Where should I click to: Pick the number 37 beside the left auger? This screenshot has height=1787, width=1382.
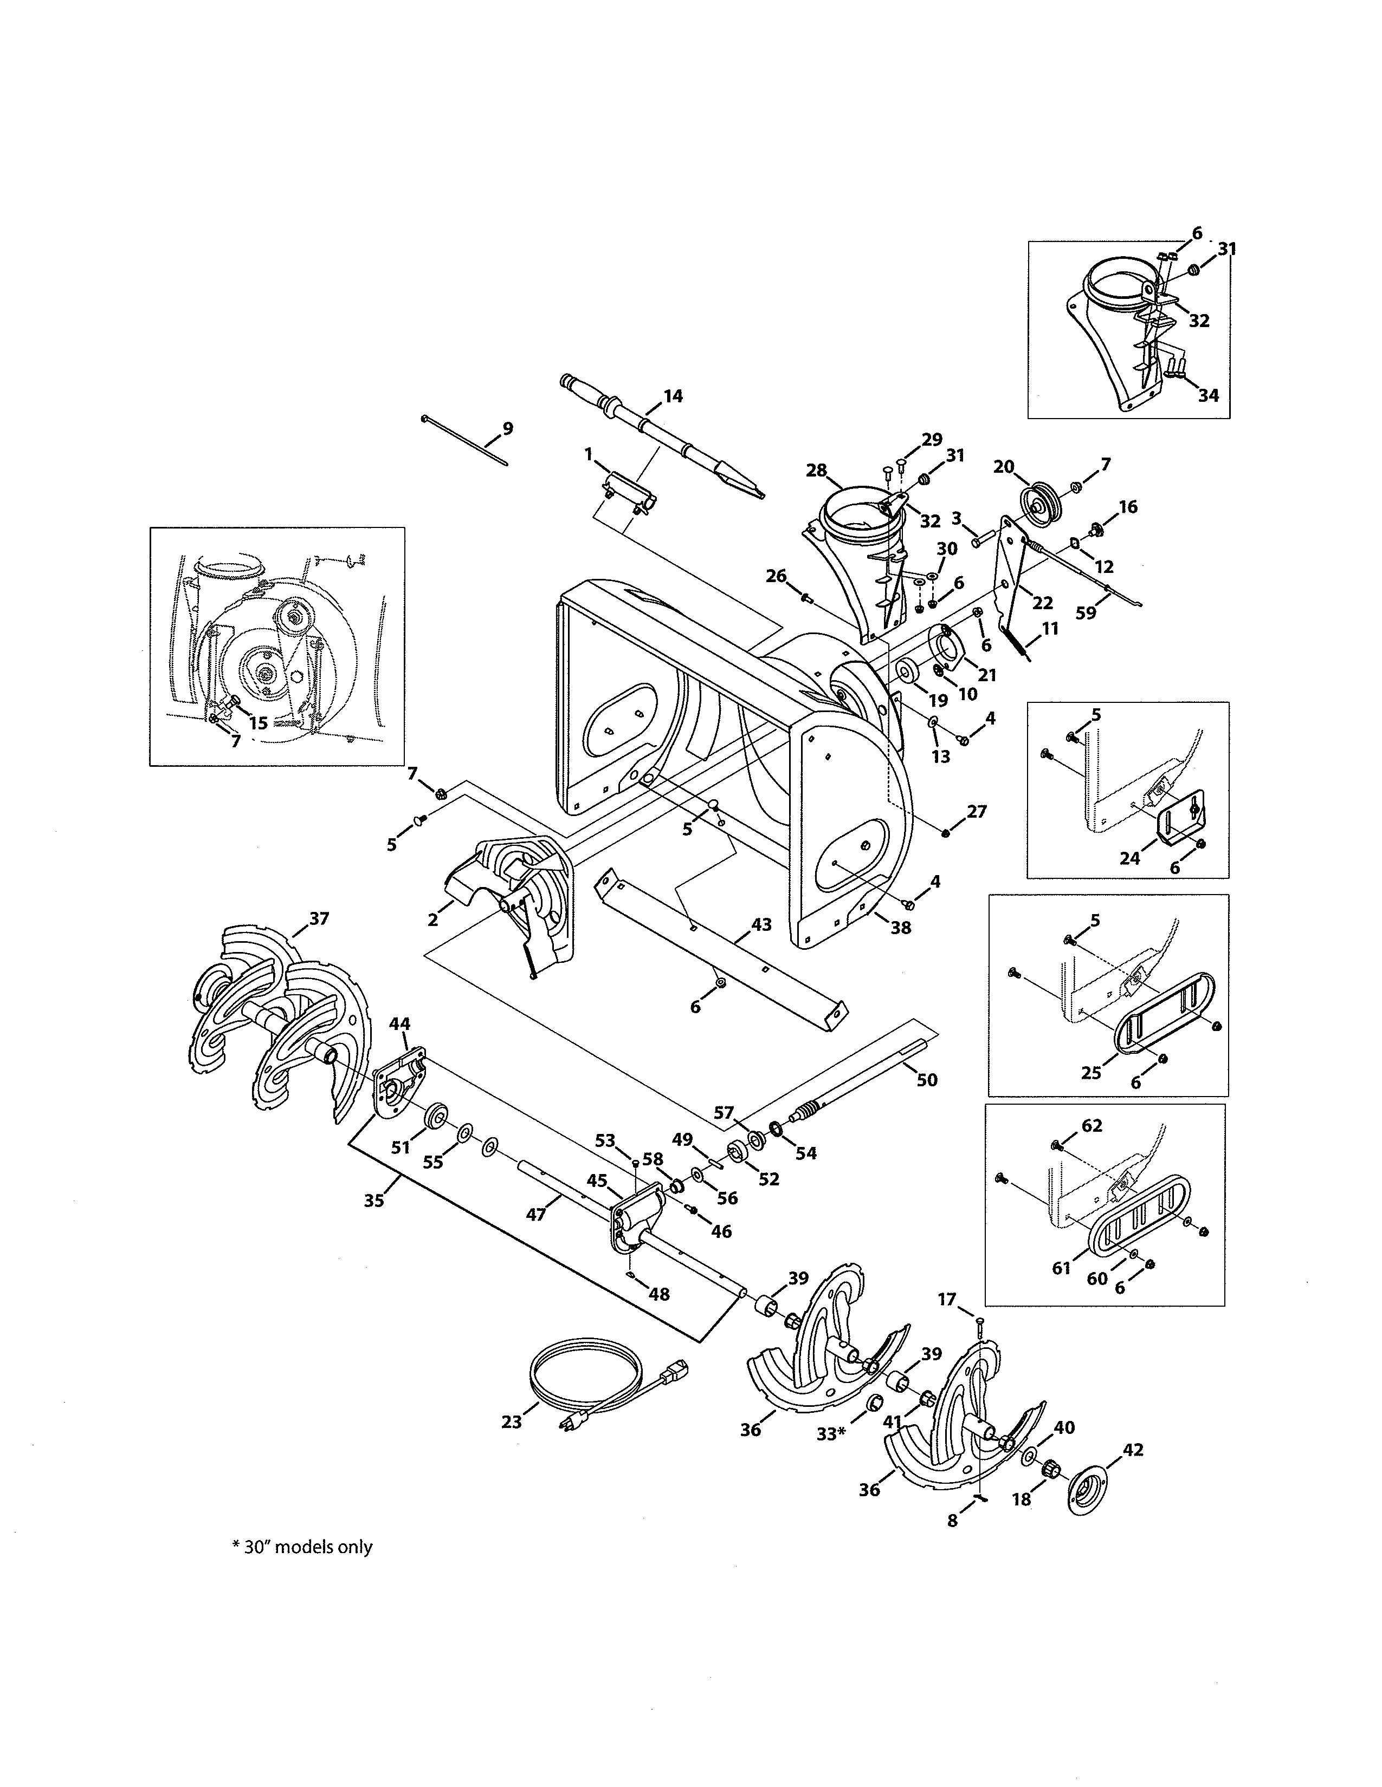click(319, 918)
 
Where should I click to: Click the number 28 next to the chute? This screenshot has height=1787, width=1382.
click(816, 469)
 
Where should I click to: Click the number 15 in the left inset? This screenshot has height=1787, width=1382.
click(258, 722)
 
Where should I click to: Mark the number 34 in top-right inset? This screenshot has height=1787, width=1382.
click(1209, 395)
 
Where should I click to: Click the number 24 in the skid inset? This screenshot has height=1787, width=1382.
click(1130, 858)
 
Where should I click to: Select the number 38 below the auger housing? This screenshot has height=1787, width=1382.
click(901, 928)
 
